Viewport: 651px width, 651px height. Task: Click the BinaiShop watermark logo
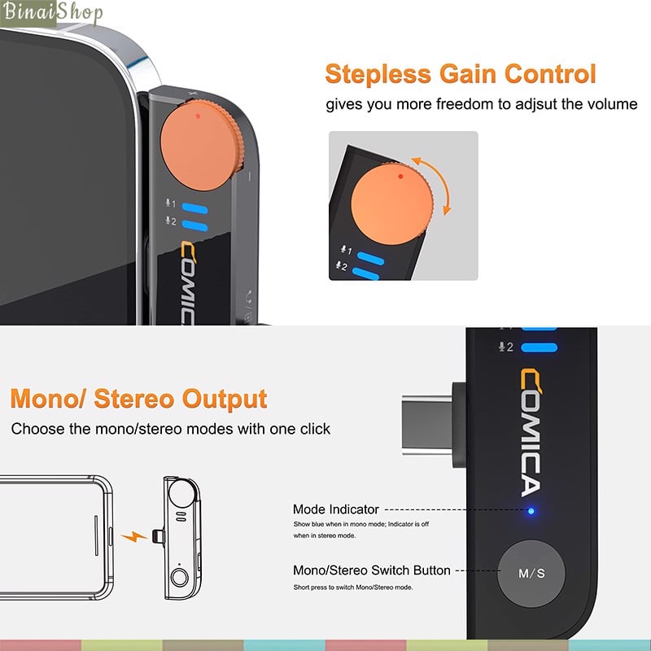click(52, 12)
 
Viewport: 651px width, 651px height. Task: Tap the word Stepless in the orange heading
click(378, 75)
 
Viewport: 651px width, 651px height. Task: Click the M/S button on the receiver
click(531, 574)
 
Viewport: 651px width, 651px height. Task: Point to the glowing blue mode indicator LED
click(531, 511)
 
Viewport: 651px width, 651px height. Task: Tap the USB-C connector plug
click(433, 424)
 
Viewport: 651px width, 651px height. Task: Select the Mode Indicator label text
click(336, 509)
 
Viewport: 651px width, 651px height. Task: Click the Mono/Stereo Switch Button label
click(372, 570)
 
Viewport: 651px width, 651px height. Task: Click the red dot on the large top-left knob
click(198, 116)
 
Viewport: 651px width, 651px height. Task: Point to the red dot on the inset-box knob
click(400, 177)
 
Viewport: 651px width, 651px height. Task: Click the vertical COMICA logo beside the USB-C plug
click(531, 433)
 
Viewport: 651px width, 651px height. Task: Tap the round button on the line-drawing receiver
click(179, 577)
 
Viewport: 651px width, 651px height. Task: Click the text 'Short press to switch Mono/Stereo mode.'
click(353, 588)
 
